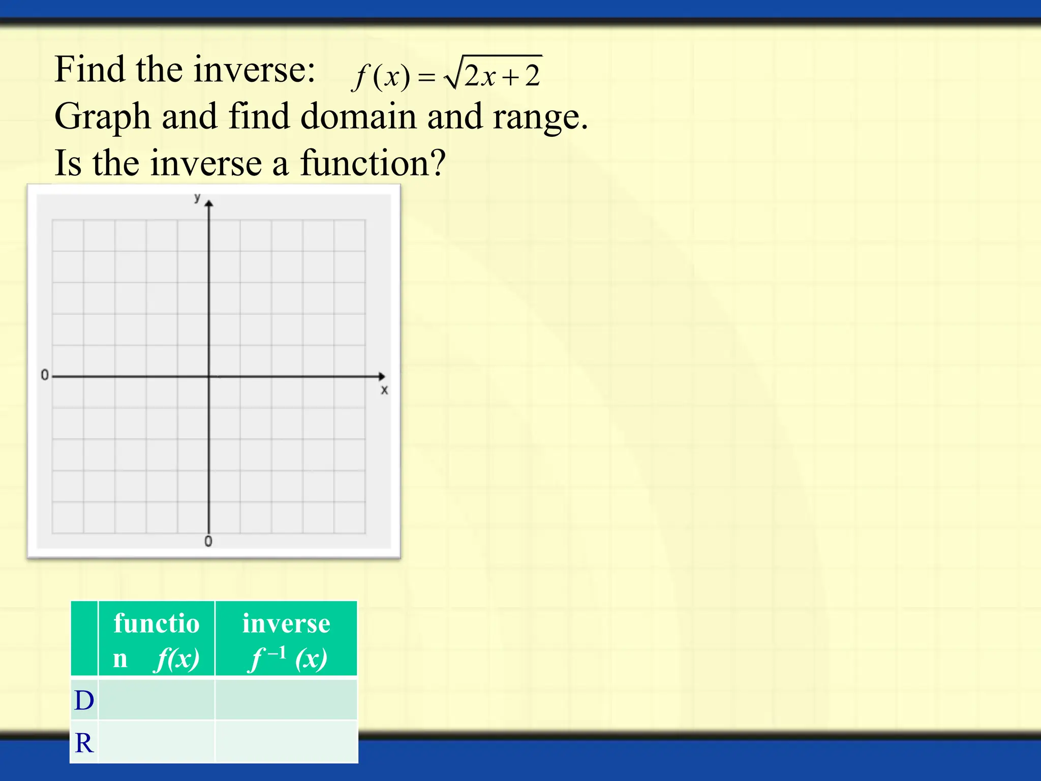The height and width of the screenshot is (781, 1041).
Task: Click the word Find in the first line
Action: tap(89, 70)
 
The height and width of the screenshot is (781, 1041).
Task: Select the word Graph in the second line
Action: tap(103, 117)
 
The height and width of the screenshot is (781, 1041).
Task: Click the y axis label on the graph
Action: tap(197, 198)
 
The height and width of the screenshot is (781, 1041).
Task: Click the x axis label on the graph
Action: tap(384, 390)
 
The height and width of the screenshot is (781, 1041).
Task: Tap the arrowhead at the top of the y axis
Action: tap(209, 203)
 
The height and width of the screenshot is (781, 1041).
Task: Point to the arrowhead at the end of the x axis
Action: tap(382, 376)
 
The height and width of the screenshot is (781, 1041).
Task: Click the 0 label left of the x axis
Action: tap(45, 375)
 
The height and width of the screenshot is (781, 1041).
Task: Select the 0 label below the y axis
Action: tap(208, 542)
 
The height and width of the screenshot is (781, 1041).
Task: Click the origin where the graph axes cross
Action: tap(209, 376)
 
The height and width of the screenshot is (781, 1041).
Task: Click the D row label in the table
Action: tap(84, 700)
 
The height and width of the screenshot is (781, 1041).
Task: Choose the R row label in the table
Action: tap(84, 743)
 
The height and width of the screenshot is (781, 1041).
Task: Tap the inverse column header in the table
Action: tap(286, 640)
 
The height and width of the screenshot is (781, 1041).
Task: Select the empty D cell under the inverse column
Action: tap(286, 700)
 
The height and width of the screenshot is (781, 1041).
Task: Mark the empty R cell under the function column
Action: tap(157, 742)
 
